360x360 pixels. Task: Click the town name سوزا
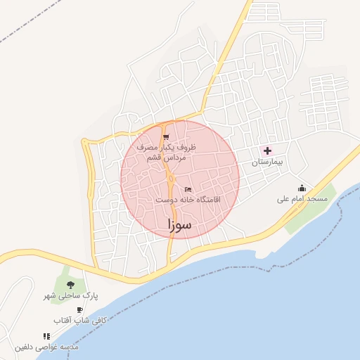(x=181, y=225)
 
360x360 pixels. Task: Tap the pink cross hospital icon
(x=267, y=150)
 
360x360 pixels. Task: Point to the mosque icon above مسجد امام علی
(x=302, y=188)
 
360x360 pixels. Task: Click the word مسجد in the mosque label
(x=317, y=199)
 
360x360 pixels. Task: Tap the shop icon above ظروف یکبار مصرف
(x=166, y=136)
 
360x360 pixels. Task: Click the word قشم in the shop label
(x=153, y=158)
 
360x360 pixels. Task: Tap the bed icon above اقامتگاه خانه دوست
(x=187, y=189)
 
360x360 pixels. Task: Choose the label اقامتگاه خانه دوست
(x=187, y=200)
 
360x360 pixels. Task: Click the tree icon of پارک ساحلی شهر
(x=70, y=285)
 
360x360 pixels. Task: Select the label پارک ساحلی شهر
(x=70, y=296)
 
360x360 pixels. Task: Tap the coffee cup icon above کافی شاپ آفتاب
(x=79, y=309)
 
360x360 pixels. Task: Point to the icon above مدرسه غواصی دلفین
(x=46, y=337)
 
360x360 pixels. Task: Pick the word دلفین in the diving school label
(x=25, y=347)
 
